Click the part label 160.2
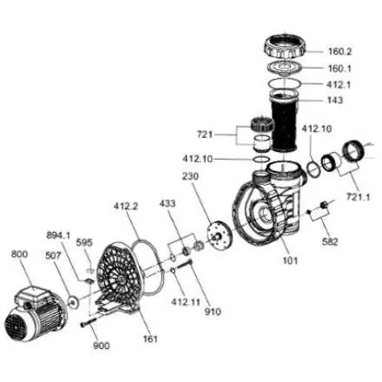tap(339, 51)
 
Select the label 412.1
tap(339, 84)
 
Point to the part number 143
tap(335, 100)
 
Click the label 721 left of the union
tap(205, 135)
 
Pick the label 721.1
tap(359, 197)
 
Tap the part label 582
tap(330, 241)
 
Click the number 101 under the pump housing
tap(290, 260)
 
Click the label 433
tap(168, 203)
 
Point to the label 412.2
tap(126, 206)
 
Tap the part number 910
tap(213, 312)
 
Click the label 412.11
tap(186, 302)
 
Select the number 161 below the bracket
tap(150, 339)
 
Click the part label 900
tap(102, 346)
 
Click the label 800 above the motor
tap(19, 254)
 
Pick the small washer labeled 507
tap(73, 302)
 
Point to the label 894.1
tap(58, 235)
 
